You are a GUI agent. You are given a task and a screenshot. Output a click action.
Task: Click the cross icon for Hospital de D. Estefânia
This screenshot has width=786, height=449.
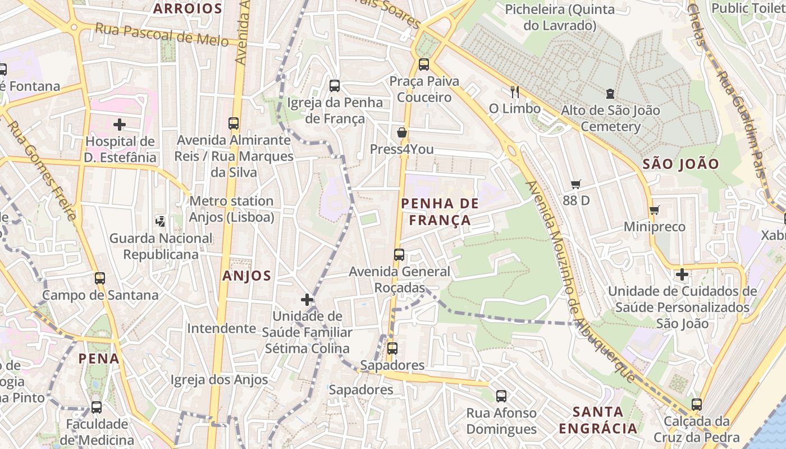119,124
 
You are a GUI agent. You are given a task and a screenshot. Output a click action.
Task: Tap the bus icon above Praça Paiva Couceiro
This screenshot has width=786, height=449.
424,65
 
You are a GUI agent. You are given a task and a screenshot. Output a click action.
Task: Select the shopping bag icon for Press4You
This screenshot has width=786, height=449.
402,132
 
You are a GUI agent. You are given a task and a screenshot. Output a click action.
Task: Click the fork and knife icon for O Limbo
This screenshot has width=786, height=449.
514,91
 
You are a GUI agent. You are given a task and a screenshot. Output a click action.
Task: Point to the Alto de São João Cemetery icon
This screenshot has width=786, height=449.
610,94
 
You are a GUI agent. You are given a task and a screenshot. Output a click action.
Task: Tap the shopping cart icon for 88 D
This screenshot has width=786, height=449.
575,184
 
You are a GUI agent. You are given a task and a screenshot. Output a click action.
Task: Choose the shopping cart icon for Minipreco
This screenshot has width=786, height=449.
654,210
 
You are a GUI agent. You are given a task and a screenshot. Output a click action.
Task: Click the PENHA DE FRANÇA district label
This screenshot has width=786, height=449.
440,212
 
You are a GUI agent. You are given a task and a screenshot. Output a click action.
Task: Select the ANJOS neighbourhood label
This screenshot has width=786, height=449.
246,276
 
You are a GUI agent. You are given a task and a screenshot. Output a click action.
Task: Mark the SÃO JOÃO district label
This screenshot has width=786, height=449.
680,164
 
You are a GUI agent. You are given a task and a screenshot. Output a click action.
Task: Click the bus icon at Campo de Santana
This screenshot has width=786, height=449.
100,278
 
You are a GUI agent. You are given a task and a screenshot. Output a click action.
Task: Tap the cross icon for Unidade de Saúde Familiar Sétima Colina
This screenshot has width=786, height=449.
307,299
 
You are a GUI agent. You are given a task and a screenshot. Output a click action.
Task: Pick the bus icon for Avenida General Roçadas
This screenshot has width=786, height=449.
399,255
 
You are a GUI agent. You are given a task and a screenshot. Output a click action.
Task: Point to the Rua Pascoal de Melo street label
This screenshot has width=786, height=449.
162,34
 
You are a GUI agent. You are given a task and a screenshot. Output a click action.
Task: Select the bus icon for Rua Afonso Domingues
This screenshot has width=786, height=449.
501,396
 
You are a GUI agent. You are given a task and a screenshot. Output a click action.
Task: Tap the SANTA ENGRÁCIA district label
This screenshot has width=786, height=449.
598,420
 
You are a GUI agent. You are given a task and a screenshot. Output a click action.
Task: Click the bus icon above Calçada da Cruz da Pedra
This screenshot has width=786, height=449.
697,404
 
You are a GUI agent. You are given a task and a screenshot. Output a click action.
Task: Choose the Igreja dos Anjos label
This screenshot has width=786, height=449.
220,380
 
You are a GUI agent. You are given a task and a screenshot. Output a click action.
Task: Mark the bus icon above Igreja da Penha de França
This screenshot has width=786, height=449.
335,86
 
